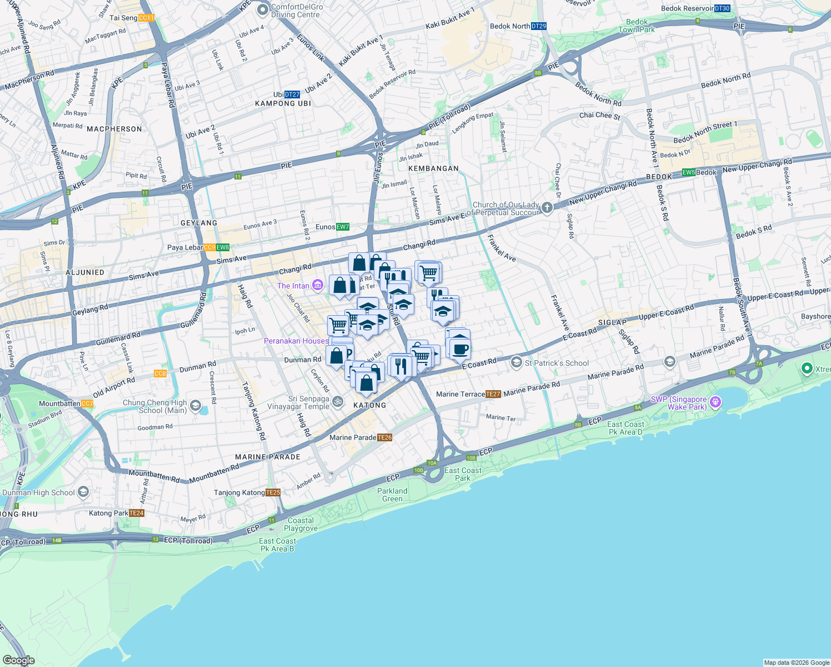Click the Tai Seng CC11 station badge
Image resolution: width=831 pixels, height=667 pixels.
tap(146, 18)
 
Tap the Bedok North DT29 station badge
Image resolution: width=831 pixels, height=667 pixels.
tap(538, 26)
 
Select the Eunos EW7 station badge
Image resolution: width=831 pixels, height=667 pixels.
tap(342, 227)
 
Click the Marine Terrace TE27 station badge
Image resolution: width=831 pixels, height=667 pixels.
tap(493, 394)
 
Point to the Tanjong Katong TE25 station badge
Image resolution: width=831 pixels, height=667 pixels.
tap(273, 492)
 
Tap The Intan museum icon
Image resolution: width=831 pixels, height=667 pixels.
tap(318, 286)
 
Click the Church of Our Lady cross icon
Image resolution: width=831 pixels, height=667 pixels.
tap(547, 208)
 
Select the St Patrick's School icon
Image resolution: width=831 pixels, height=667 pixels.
tap(517, 363)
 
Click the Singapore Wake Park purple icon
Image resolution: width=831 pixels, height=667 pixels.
tap(715, 402)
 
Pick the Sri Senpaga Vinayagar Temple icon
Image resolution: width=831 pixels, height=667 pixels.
tap(337, 401)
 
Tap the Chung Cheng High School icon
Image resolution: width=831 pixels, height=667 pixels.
tap(195, 406)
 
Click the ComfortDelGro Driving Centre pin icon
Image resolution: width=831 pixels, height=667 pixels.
tap(263, 10)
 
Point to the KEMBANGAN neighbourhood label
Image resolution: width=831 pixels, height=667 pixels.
tap(433, 168)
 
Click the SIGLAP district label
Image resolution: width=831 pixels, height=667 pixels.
tap(612, 322)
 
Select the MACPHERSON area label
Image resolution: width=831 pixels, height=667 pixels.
tap(114, 129)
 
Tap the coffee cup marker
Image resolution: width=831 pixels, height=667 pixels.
tap(459, 350)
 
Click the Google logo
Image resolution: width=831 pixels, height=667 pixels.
tap(18, 660)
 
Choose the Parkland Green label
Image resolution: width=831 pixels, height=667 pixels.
tap(392, 495)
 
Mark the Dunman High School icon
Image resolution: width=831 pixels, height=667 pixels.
tap(83, 492)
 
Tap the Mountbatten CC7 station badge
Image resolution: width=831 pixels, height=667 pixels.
tap(87, 404)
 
